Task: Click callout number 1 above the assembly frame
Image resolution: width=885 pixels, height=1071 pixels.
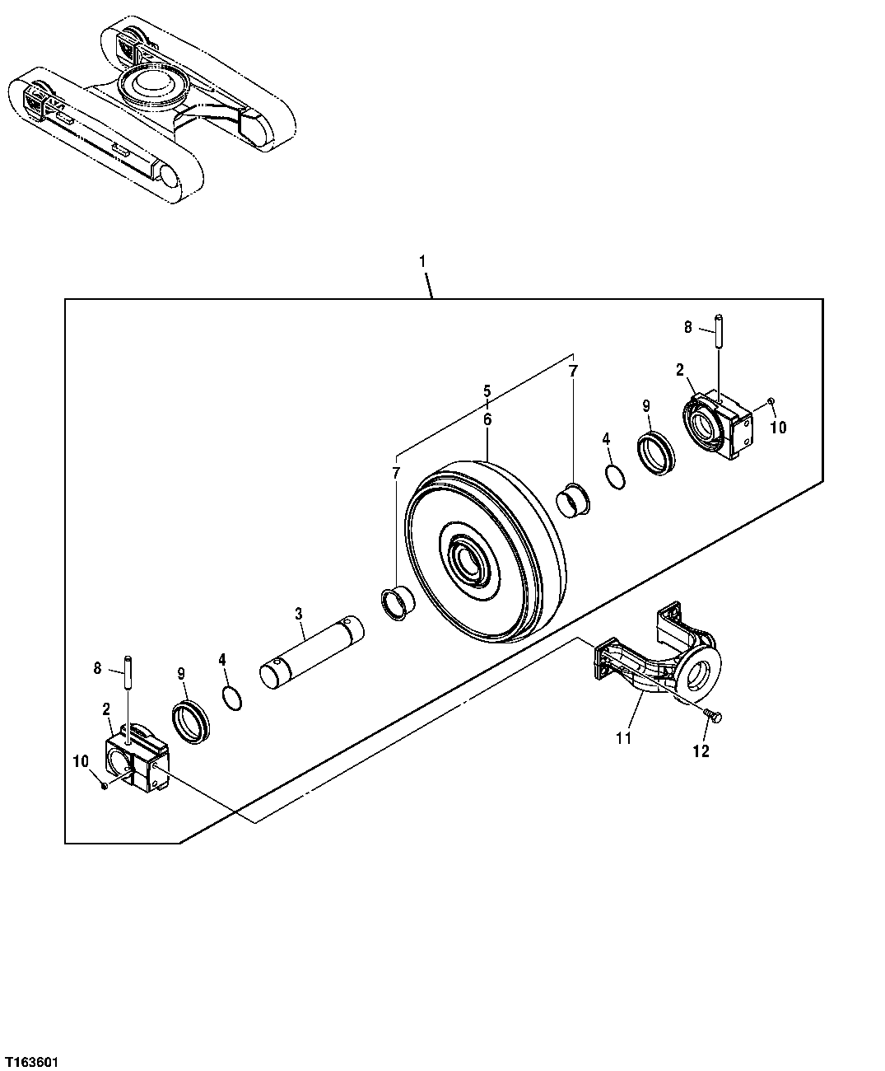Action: tap(422, 261)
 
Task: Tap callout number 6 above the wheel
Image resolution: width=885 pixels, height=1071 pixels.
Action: tap(487, 419)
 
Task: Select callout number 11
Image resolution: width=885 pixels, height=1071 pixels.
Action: tap(623, 738)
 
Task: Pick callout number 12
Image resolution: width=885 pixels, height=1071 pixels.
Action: tap(701, 751)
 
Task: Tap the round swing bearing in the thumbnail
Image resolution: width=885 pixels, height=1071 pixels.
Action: tap(150, 86)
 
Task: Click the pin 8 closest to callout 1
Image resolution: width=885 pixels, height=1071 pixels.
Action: tap(718, 332)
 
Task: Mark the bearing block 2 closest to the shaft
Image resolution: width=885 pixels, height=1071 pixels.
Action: tap(137, 760)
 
